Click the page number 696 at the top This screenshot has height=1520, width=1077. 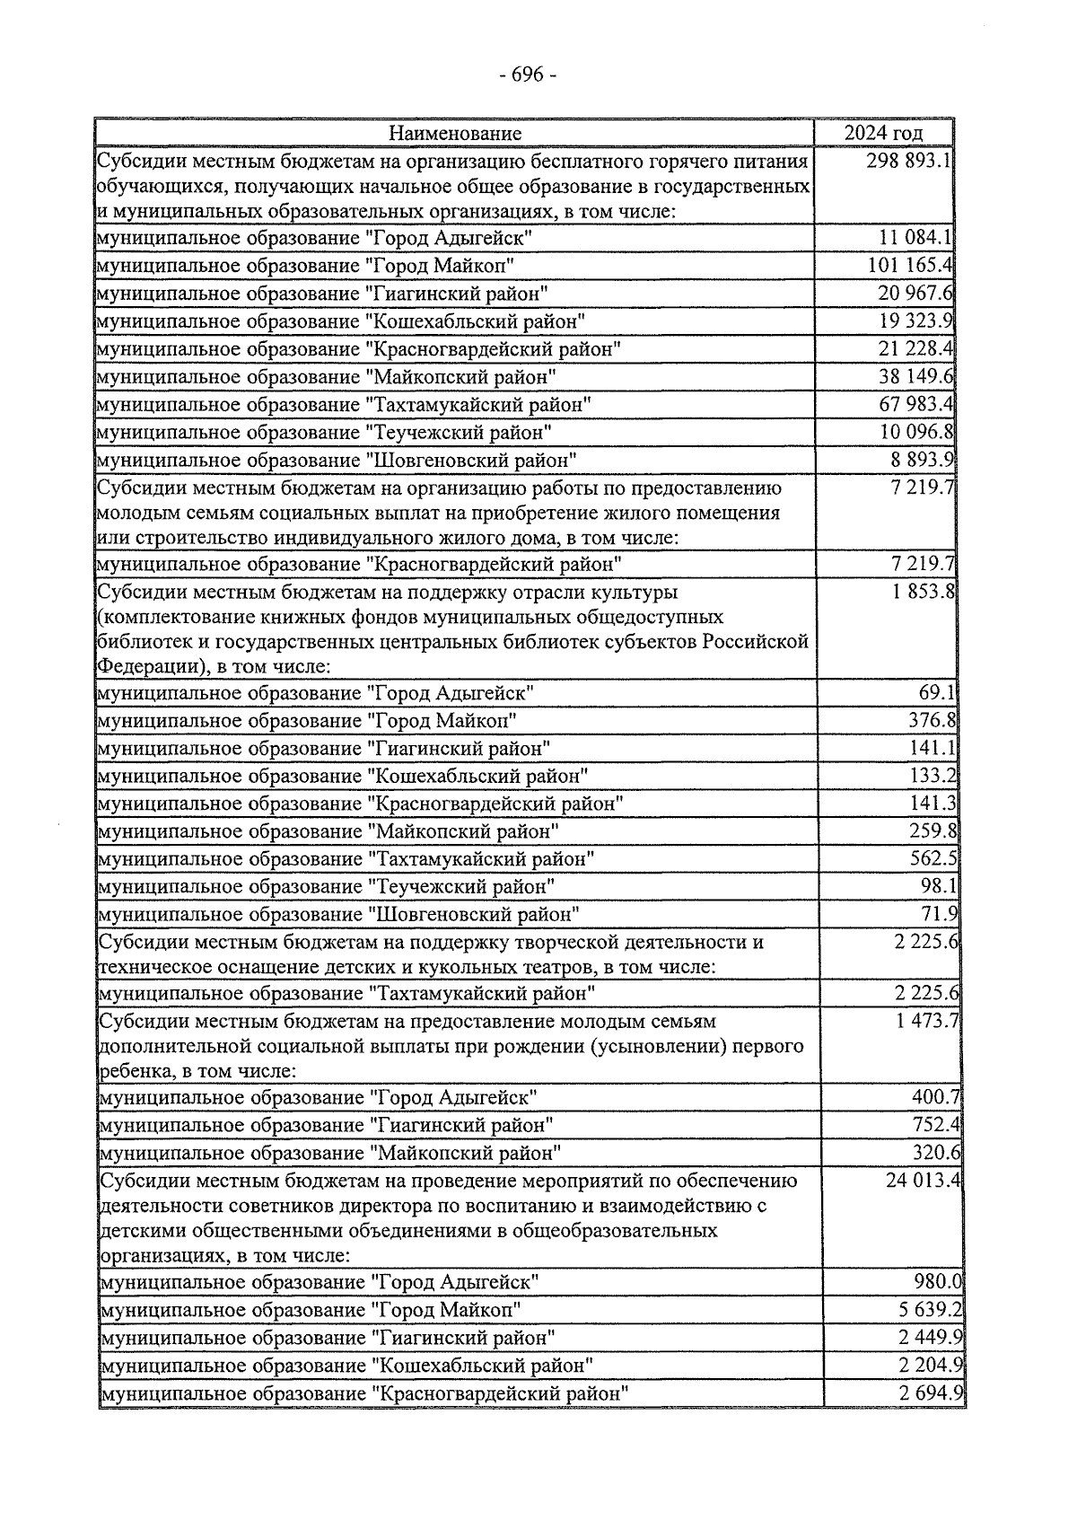[x=528, y=75]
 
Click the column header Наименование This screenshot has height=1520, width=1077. [x=455, y=134]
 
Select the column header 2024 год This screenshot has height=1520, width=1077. [x=883, y=133]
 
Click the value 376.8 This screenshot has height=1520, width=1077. [x=933, y=720]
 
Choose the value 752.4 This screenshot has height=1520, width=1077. [x=936, y=1124]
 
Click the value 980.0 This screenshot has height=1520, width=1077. [x=939, y=1281]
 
